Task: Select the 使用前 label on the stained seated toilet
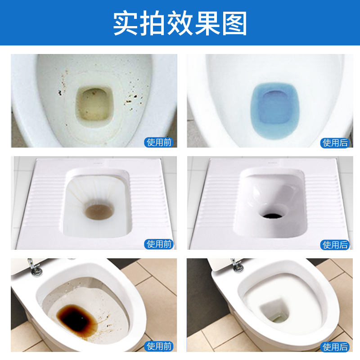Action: [160, 142]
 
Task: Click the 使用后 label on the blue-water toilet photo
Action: [335, 142]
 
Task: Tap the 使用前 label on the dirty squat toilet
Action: [160, 244]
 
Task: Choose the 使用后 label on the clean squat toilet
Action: [335, 244]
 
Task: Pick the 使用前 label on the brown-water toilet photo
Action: [160, 346]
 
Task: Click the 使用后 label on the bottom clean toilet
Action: [335, 346]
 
